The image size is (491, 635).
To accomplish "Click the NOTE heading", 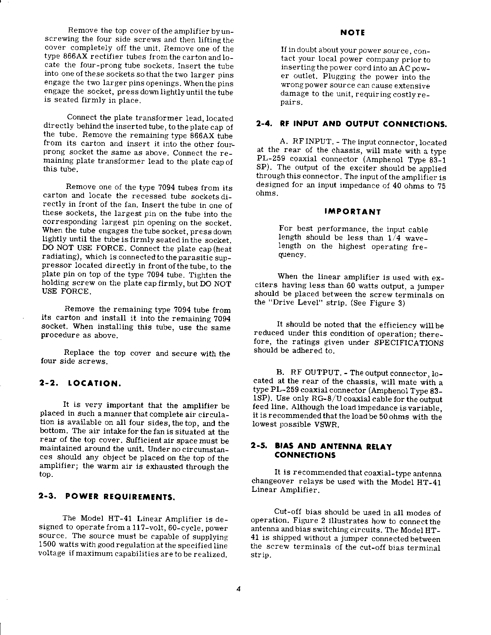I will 352,33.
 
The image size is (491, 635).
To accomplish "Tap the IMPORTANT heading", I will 352,212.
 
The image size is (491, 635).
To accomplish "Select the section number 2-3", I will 49,497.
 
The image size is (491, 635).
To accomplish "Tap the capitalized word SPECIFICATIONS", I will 409,343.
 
